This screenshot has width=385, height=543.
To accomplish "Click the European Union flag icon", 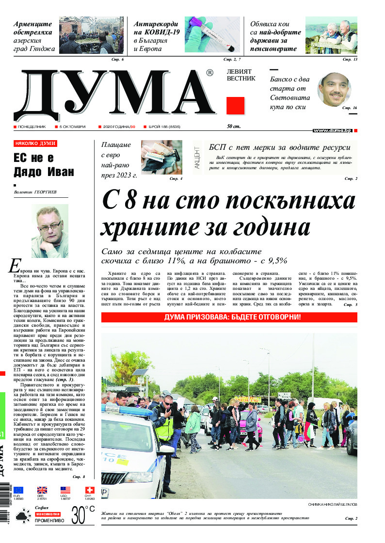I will (x=18, y=490).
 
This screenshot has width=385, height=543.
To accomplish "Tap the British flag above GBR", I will (x=42, y=490).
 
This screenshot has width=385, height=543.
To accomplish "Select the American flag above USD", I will (x=65, y=490).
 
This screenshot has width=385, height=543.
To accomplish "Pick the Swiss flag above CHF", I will (x=89, y=490).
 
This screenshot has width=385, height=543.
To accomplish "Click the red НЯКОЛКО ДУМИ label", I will (x=35, y=144).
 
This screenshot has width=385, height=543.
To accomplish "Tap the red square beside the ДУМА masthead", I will (x=235, y=106).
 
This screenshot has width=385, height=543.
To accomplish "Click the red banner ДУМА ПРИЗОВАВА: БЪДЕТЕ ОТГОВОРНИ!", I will (x=229, y=317).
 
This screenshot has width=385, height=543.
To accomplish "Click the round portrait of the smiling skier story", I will (x=334, y=91).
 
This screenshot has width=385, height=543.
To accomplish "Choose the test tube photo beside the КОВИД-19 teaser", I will (x=212, y=35).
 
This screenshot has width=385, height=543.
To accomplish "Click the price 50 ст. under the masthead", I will (x=234, y=127).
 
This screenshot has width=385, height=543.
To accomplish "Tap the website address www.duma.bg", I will (x=332, y=131).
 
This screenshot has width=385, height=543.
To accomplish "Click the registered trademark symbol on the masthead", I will (x=209, y=73).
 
